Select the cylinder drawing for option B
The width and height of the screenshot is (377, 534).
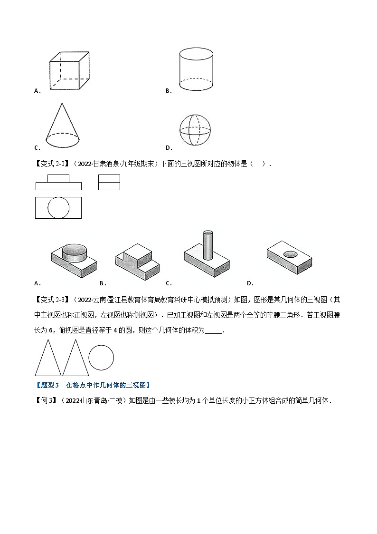tap(195, 69)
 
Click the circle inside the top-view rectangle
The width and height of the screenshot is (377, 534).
tap(58, 208)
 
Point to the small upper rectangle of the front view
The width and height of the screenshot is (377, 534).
tap(58, 178)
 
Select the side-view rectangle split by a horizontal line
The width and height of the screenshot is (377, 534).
tap(109, 182)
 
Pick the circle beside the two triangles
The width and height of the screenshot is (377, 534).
tap(101, 357)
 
